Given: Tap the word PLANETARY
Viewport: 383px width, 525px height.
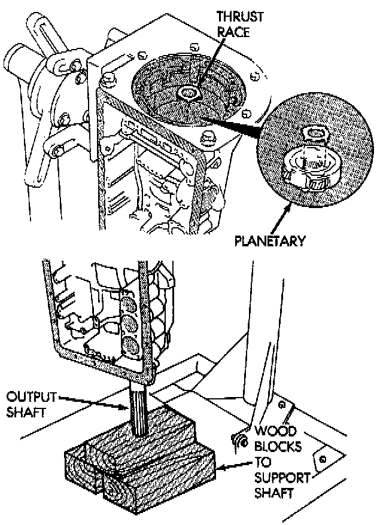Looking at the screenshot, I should pyautogui.click(x=270, y=241).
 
